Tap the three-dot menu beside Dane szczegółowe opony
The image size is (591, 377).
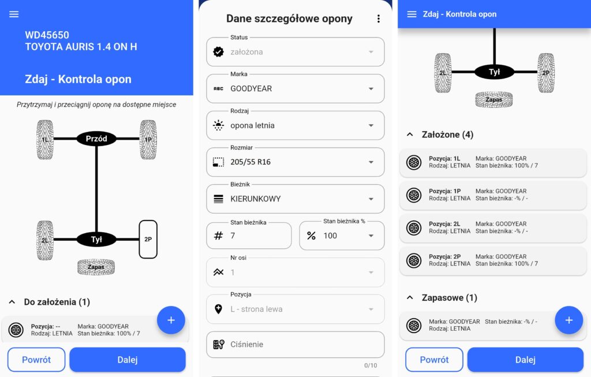tap(379, 19)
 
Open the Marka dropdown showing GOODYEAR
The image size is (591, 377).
tap(295, 88)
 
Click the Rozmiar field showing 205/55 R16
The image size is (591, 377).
tap(295, 162)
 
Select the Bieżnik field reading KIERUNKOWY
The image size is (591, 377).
tap(295, 199)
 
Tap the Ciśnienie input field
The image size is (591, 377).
tap(295, 345)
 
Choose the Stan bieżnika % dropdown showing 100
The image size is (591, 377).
tap(342, 236)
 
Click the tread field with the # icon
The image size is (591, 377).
tap(249, 236)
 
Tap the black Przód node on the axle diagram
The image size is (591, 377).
tap(96, 139)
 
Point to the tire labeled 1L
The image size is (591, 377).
tap(45, 140)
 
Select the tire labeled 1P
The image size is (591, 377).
tap(148, 140)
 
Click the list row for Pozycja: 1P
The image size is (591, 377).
tap(493, 195)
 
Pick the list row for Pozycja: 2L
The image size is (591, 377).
tap(493, 227)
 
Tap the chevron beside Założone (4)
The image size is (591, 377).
tap(410, 135)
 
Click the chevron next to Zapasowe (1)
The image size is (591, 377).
tap(410, 298)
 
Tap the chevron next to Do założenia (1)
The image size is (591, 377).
tap(12, 302)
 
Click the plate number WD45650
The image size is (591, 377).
tap(47, 35)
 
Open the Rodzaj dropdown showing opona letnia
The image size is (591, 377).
tap(295, 125)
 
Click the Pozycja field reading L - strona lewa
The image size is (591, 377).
tap(295, 309)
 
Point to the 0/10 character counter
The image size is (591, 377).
tap(371, 365)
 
